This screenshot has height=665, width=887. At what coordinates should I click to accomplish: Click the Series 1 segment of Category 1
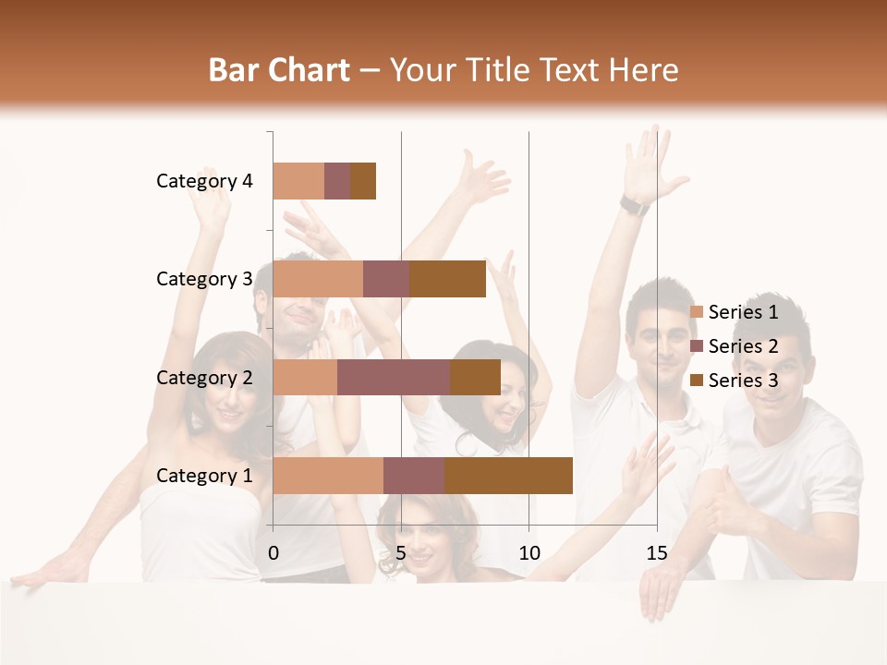(x=328, y=476)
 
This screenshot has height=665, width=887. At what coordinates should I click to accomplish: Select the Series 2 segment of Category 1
(x=414, y=476)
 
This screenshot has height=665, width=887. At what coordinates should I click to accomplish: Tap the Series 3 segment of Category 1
(x=508, y=476)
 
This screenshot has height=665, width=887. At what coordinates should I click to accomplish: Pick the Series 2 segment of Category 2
(x=394, y=377)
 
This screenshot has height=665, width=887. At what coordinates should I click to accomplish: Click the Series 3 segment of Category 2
(x=475, y=377)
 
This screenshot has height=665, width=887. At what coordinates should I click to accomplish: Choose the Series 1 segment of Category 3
(x=318, y=279)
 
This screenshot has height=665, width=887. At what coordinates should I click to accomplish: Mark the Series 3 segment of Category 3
(x=447, y=279)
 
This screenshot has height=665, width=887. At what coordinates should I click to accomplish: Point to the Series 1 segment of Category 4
(x=298, y=181)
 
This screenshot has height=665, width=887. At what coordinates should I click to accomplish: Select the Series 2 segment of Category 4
(x=337, y=181)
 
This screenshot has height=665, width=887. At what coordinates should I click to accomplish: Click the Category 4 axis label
(x=204, y=181)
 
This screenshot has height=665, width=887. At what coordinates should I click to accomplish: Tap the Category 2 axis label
(x=204, y=377)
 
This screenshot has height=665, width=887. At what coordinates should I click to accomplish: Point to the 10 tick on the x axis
(x=529, y=553)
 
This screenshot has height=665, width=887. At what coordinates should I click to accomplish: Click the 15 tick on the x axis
(x=657, y=553)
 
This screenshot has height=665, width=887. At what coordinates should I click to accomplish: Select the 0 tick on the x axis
(x=273, y=553)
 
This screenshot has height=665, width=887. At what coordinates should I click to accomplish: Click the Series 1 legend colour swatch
(x=697, y=312)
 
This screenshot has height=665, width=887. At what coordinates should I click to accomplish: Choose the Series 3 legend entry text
(x=744, y=381)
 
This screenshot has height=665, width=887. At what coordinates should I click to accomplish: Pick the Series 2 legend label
(x=744, y=346)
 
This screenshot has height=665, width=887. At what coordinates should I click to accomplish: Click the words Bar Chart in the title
(x=279, y=70)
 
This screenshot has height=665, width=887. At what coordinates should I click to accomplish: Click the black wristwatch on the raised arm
(x=634, y=205)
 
